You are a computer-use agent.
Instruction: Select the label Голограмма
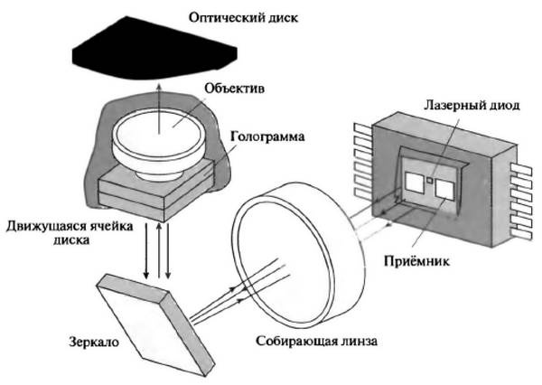pyautogui.click(x=262, y=137)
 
